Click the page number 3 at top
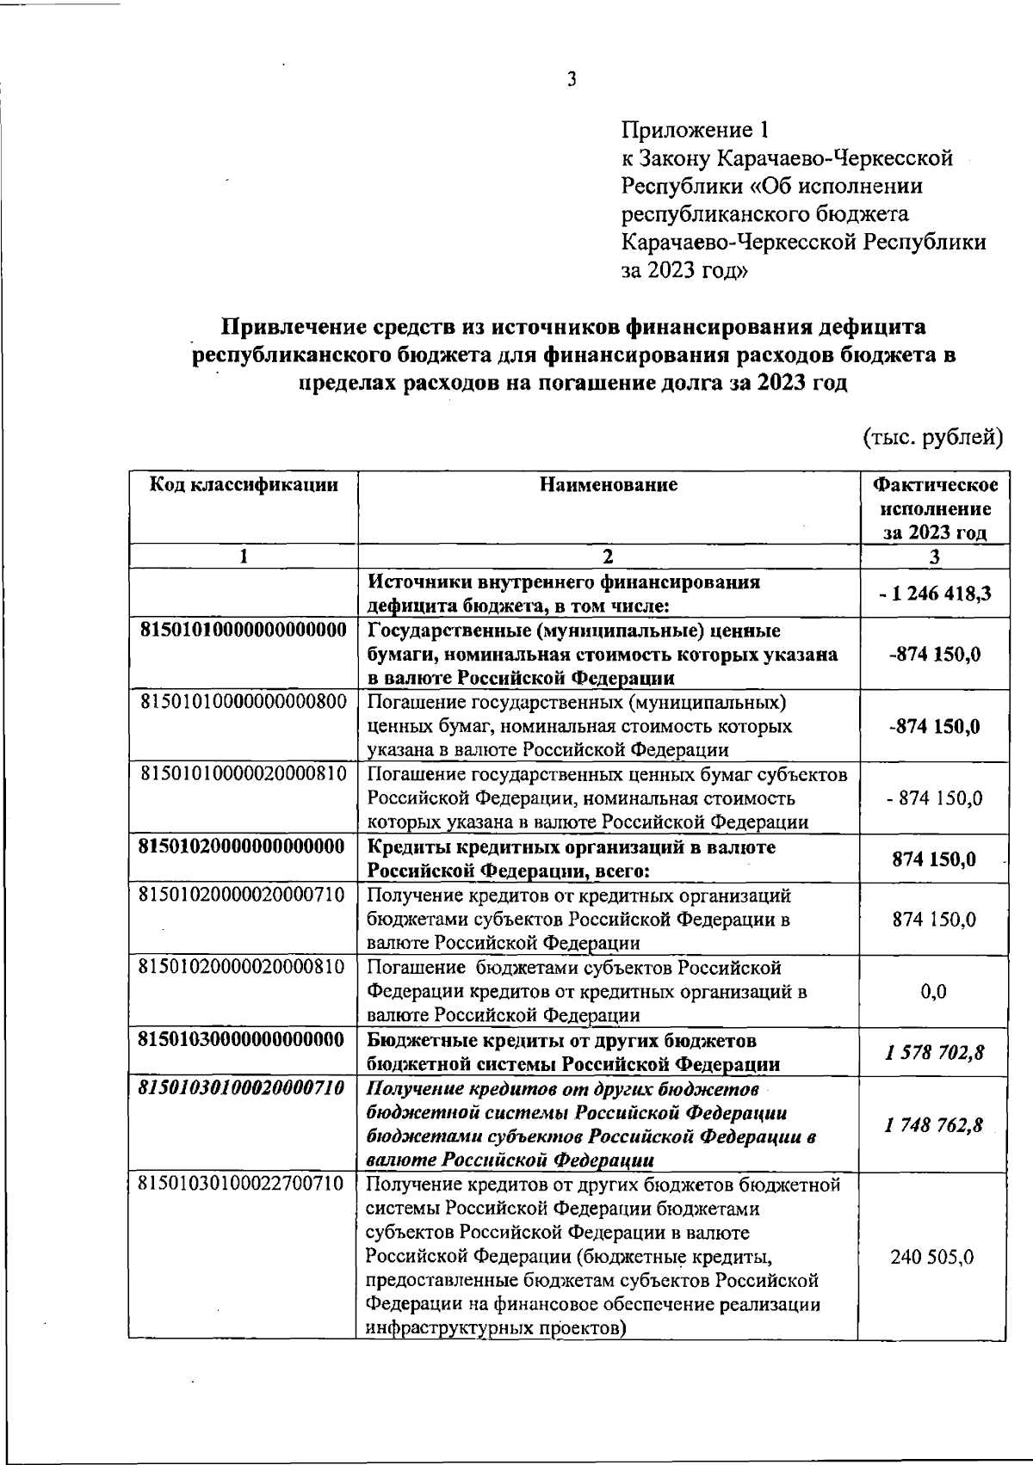coord(571,81)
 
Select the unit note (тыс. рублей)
coord(933,437)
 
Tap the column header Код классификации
coord(244,484)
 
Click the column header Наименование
coord(609,484)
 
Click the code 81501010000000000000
coord(243,631)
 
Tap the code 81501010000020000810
coord(243,773)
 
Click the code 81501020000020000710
coord(243,895)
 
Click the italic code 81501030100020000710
coord(243,1088)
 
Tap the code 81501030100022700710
coord(243,1185)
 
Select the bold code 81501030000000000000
coord(243,1040)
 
